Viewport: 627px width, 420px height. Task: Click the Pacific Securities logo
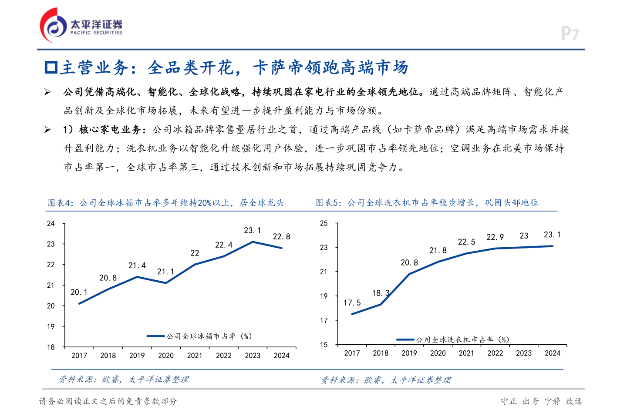(x=81, y=25)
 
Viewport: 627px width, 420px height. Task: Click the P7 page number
(x=570, y=34)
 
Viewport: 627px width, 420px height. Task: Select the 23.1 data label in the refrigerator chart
(x=253, y=230)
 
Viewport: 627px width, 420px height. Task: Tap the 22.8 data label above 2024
(x=281, y=236)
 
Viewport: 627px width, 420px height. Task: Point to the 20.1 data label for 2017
(x=79, y=292)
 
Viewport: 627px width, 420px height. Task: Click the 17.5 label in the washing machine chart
(x=352, y=302)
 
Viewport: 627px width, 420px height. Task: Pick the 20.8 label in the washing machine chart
(x=409, y=262)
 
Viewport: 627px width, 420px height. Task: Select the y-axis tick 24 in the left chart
(x=51, y=223)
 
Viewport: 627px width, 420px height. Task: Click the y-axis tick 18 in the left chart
(x=51, y=347)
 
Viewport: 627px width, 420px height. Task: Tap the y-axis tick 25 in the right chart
(x=324, y=223)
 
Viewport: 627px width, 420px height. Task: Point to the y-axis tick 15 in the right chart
(x=324, y=345)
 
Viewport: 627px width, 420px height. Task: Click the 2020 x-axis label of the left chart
(x=166, y=356)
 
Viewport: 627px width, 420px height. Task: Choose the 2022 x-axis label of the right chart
(x=495, y=353)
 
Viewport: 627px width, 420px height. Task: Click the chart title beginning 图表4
(x=165, y=203)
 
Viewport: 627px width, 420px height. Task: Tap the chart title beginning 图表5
(x=427, y=202)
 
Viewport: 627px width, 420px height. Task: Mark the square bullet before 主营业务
(x=51, y=67)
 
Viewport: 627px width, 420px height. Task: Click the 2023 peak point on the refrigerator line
(x=253, y=242)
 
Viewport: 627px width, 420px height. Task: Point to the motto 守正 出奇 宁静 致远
(x=541, y=401)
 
